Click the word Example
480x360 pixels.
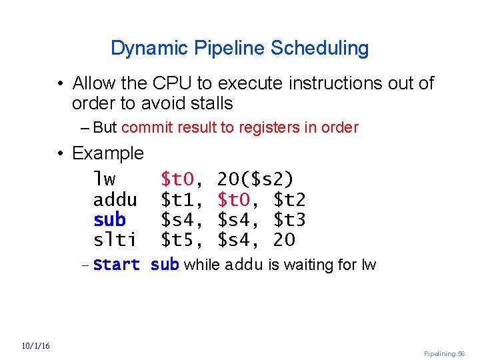[107, 153]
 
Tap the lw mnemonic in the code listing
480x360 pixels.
[105, 179]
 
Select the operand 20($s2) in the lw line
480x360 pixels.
[255, 179]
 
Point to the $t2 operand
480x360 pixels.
[290, 199]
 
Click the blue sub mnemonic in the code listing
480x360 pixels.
[109, 219]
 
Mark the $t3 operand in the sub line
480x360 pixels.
[290, 219]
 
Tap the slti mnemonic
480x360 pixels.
[115, 239]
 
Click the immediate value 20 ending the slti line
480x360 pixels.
[284, 239]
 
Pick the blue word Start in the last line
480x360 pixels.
[117, 265]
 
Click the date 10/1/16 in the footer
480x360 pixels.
[36, 345]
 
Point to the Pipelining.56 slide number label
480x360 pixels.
[444, 353]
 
